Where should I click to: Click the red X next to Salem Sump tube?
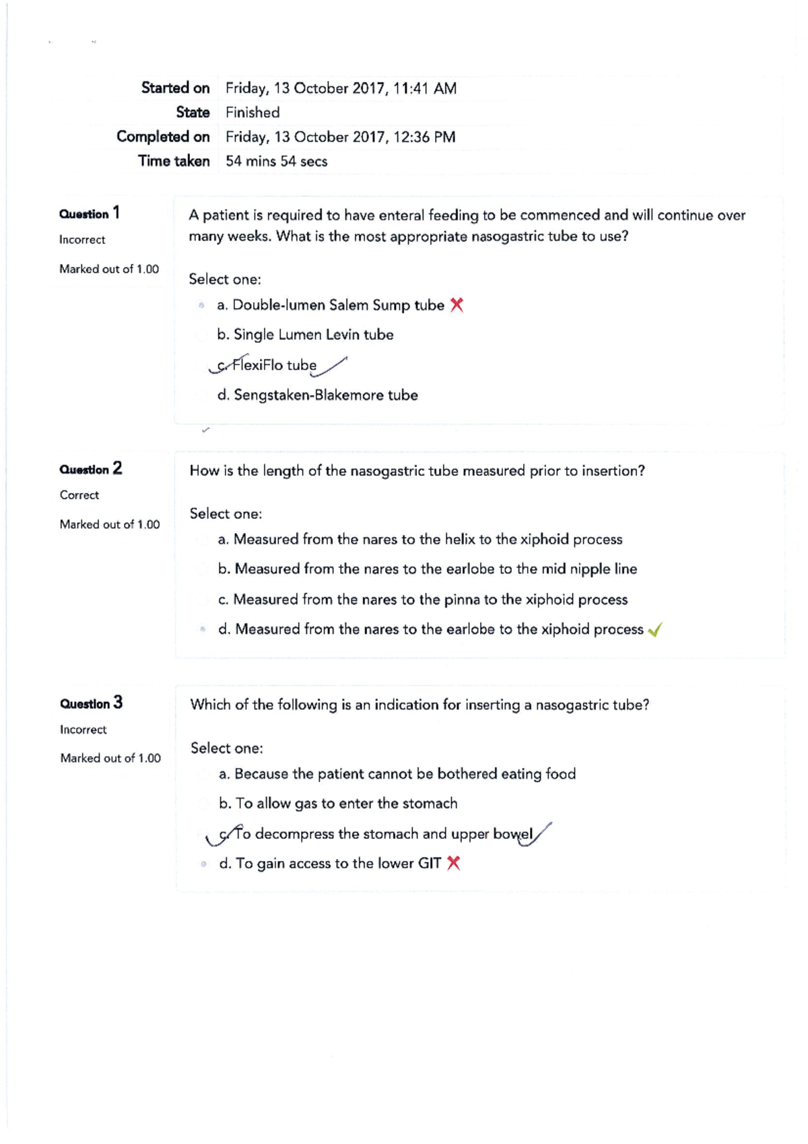pyautogui.click(x=457, y=305)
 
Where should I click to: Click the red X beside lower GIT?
pyautogui.click(x=453, y=863)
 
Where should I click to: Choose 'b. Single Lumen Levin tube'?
pyautogui.click(x=305, y=335)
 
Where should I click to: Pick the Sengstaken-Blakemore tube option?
pyautogui.click(x=317, y=395)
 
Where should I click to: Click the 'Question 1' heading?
pyautogui.click(x=90, y=214)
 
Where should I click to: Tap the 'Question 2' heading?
pyautogui.click(x=91, y=469)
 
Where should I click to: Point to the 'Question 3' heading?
pyautogui.click(x=91, y=703)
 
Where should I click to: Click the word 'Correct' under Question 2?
pyautogui.click(x=79, y=495)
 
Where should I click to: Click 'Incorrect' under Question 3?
pyautogui.click(x=83, y=730)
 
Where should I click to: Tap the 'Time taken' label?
pyautogui.click(x=174, y=161)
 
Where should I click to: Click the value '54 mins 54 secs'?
pyautogui.click(x=276, y=162)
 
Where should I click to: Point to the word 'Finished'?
pyautogui.click(x=252, y=113)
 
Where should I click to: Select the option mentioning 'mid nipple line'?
pyautogui.click(x=427, y=569)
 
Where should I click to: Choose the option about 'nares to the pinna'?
pyautogui.click(x=422, y=600)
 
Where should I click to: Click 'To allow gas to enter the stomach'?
pyautogui.click(x=338, y=804)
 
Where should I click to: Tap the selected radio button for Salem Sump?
pyautogui.click(x=201, y=306)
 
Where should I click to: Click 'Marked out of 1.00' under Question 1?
pyautogui.click(x=109, y=269)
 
